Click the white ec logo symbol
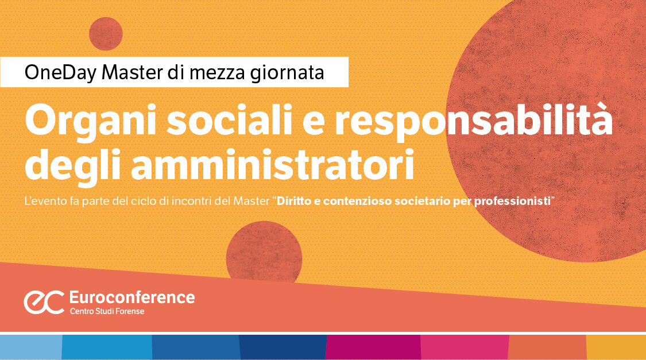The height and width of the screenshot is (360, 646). (43, 302)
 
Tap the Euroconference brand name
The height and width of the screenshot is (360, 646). (131, 297)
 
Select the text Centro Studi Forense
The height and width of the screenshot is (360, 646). (107, 311)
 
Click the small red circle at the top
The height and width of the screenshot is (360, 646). (106, 34)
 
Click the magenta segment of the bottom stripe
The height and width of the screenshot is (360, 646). (373, 347)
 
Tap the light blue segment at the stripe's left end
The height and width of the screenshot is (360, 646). (30, 347)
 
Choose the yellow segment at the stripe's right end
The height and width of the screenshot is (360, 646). (616, 347)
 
